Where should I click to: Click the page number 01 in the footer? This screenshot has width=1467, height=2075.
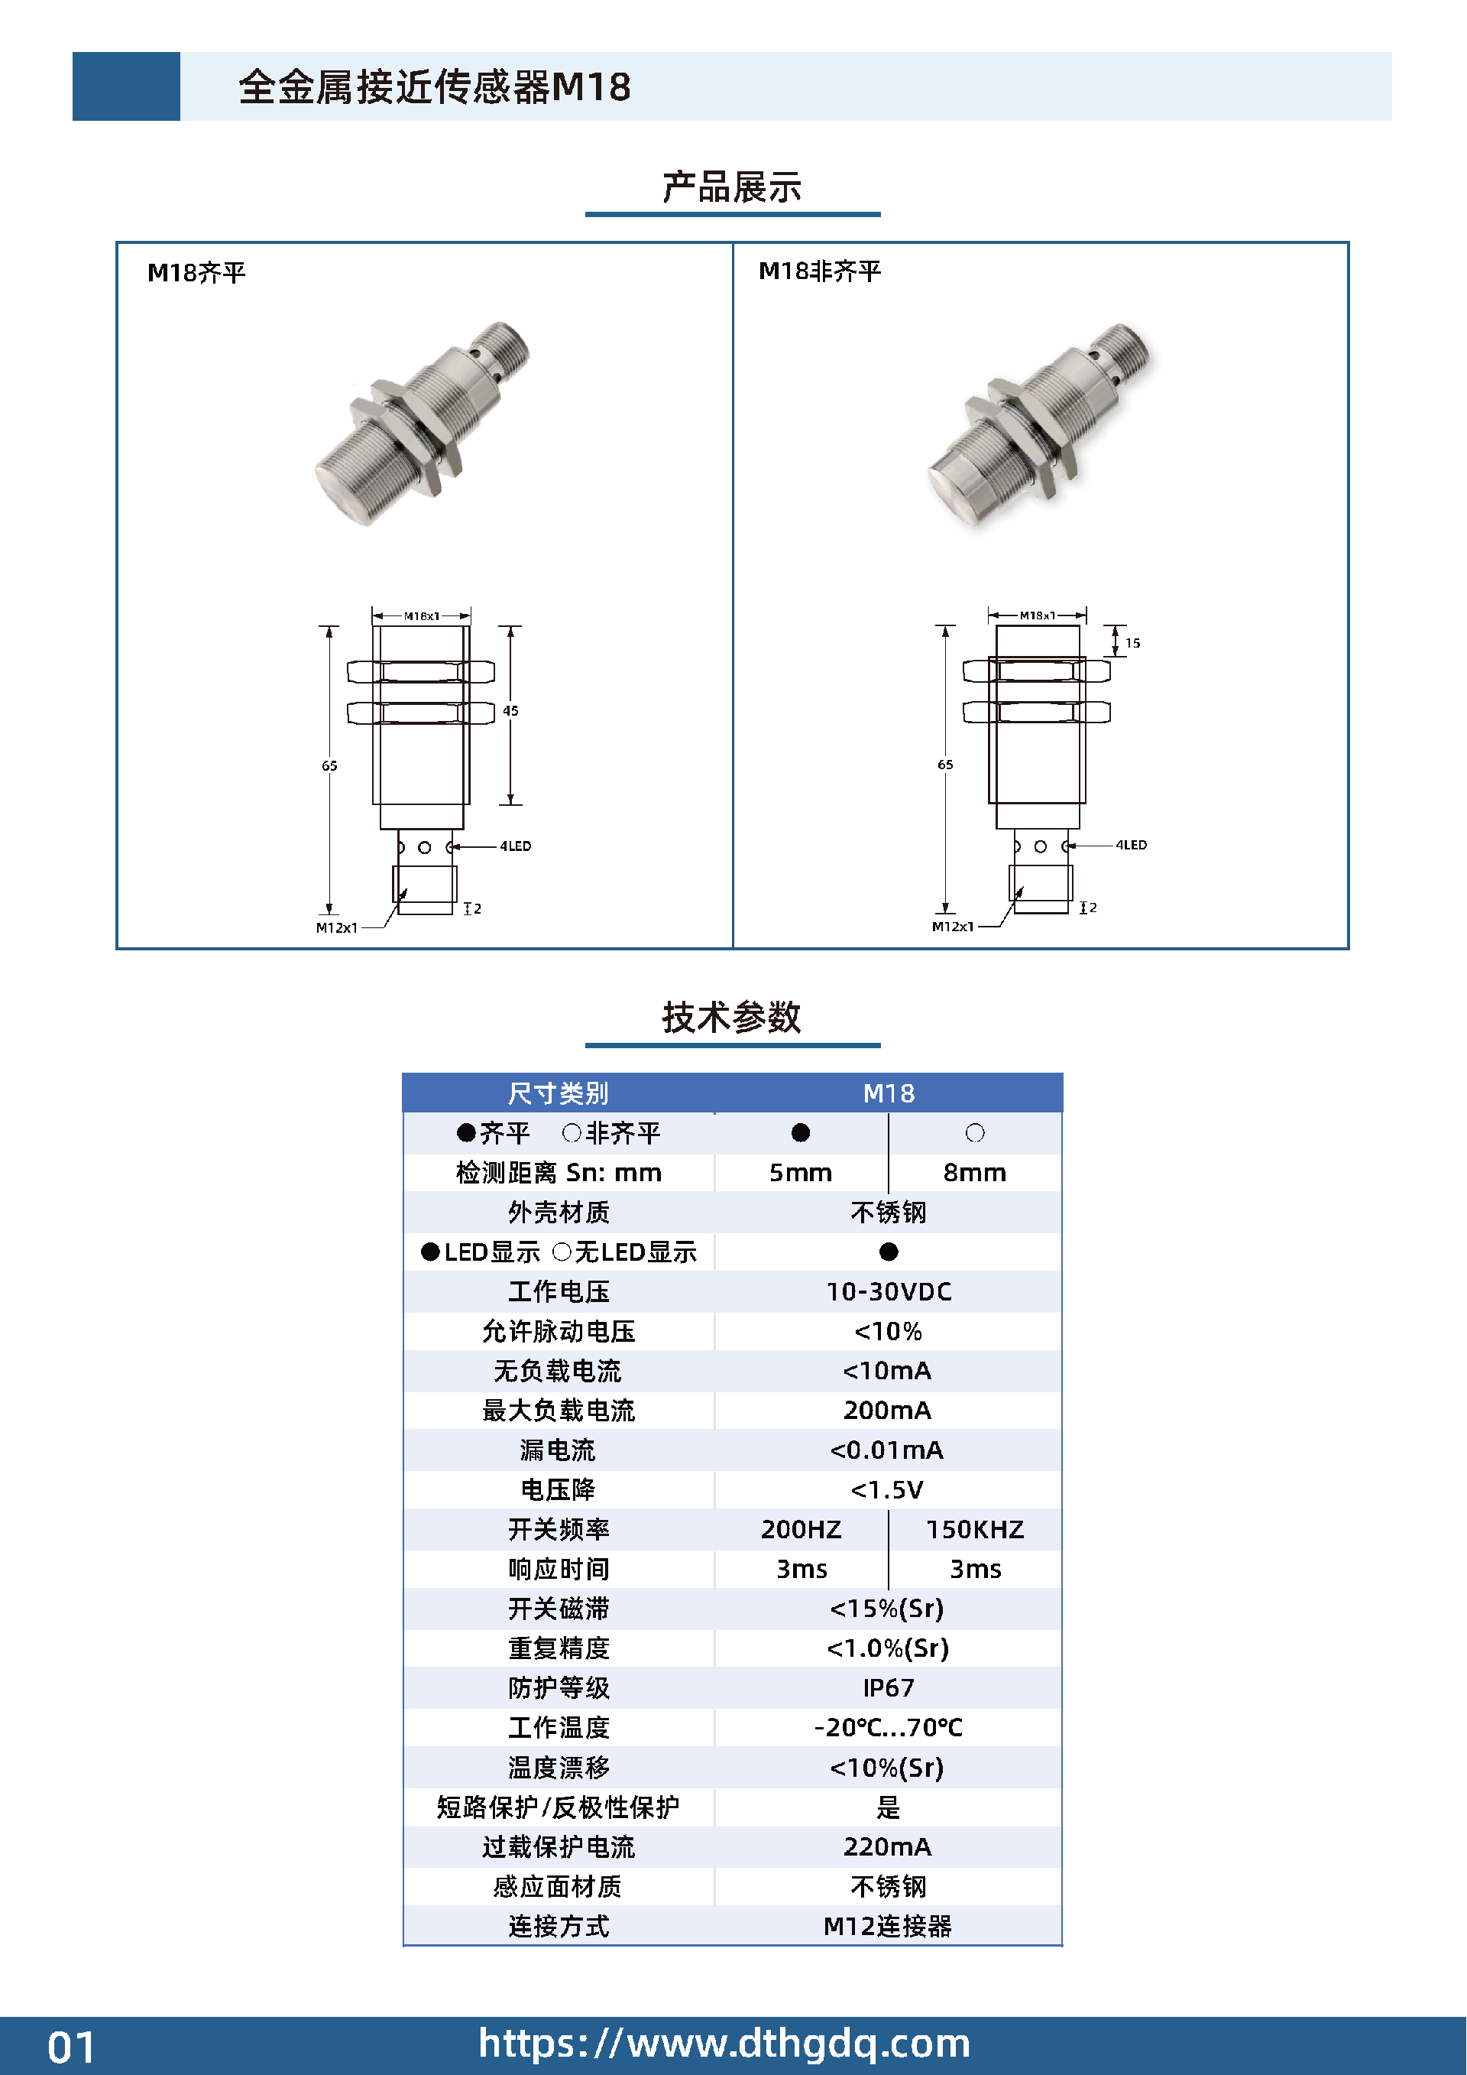pyautogui.click(x=71, y=2047)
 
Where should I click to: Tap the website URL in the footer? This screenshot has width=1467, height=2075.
pyautogui.click(x=724, y=2044)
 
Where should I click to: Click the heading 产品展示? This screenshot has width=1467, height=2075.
pyautogui.click(x=732, y=187)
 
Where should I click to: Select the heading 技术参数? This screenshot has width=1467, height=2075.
pyautogui.click(x=732, y=1017)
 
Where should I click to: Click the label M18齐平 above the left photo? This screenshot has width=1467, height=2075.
pyautogui.click(x=196, y=272)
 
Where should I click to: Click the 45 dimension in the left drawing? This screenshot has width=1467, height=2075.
pyautogui.click(x=510, y=710)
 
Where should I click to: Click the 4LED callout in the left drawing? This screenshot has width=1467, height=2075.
pyautogui.click(x=516, y=846)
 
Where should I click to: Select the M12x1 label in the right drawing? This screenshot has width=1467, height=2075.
pyautogui.click(x=953, y=927)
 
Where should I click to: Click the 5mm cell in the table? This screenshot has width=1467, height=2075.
pyautogui.click(x=800, y=1172)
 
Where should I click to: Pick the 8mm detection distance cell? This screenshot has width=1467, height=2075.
pyautogui.click(x=975, y=1172)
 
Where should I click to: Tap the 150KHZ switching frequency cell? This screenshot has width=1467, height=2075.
pyautogui.click(x=975, y=1529)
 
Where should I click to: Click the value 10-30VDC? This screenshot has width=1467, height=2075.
pyautogui.click(x=889, y=1291)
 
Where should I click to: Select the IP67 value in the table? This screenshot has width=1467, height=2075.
pyautogui.click(x=889, y=1687)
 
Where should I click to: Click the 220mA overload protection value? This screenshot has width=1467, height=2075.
pyautogui.click(x=887, y=1846)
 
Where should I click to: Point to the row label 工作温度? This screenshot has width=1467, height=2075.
pyautogui.click(x=559, y=1727)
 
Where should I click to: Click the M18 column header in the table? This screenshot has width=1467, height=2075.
pyautogui.click(x=889, y=1093)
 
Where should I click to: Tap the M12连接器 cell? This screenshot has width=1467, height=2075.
pyautogui.click(x=887, y=1926)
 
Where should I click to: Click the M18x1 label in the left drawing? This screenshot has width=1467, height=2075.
pyautogui.click(x=422, y=616)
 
